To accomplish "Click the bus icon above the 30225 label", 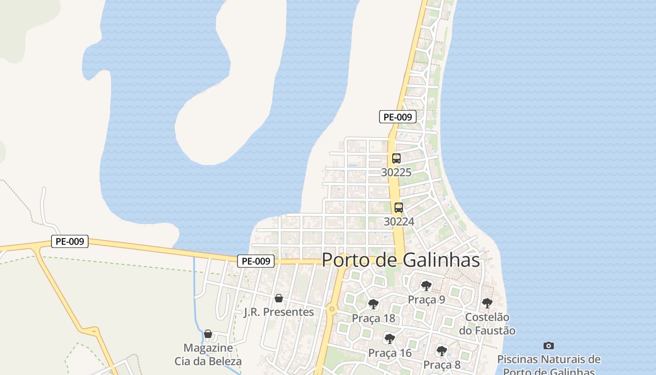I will (396, 158).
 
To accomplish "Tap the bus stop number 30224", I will (399, 221).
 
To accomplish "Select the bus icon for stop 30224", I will (398, 207).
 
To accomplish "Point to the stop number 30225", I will (396, 172).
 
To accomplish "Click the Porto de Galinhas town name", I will (401, 260).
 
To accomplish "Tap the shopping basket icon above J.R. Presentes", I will (279, 298).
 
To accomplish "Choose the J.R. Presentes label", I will (279, 312).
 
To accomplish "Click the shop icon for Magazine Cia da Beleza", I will (208, 334).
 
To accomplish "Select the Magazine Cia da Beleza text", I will (208, 355).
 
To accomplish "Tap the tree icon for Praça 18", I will (373, 304).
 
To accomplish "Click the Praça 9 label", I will (426, 300).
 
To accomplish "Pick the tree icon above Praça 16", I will (389, 338).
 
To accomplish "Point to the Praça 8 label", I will (442, 365).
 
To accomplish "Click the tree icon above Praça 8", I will (441, 351).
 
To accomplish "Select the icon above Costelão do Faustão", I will (487, 303).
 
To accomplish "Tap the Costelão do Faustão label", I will (487, 324).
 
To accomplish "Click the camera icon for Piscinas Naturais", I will (549, 345).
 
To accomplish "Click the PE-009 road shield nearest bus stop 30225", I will (397, 117).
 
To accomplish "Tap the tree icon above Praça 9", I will (426, 285).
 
